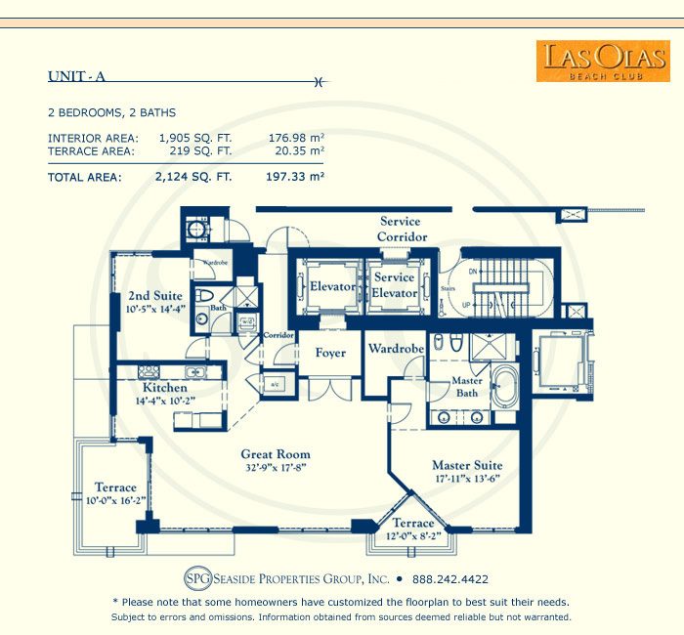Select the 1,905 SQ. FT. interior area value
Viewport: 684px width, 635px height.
coord(195,138)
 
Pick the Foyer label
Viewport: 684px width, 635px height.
coord(330,353)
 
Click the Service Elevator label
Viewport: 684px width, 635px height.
coord(395,286)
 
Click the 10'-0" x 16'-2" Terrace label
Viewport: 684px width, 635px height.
coord(116,493)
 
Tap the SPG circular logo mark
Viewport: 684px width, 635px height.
coord(198,578)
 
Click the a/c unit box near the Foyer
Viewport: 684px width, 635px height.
coord(277,384)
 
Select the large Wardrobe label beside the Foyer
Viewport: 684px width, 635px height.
coord(395,349)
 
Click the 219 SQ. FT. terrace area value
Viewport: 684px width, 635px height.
coord(195,151)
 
